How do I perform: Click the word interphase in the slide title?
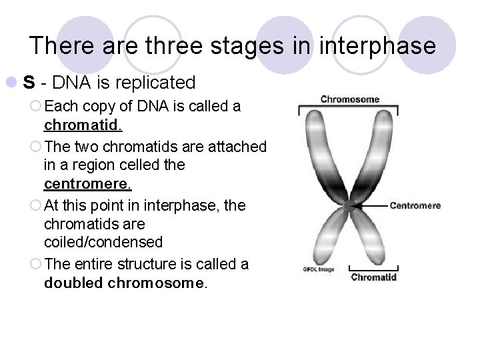click(x=378, y=46)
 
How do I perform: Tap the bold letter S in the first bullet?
click(x=29, y=83)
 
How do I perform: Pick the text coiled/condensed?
click(x=103, y=242)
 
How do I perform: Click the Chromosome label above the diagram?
click(x=349, y=99)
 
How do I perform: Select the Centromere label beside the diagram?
click(x=415, y=205)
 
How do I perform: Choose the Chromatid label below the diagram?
click(x=374, y=277)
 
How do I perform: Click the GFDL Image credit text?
click(x=318, y=270)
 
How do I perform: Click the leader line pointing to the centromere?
click(x=370, y=205)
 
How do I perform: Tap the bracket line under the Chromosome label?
click(x=349, y=107)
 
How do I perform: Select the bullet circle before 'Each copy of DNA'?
click(x=37, y=107)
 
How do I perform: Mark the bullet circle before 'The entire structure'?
click(x=37, y=265)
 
